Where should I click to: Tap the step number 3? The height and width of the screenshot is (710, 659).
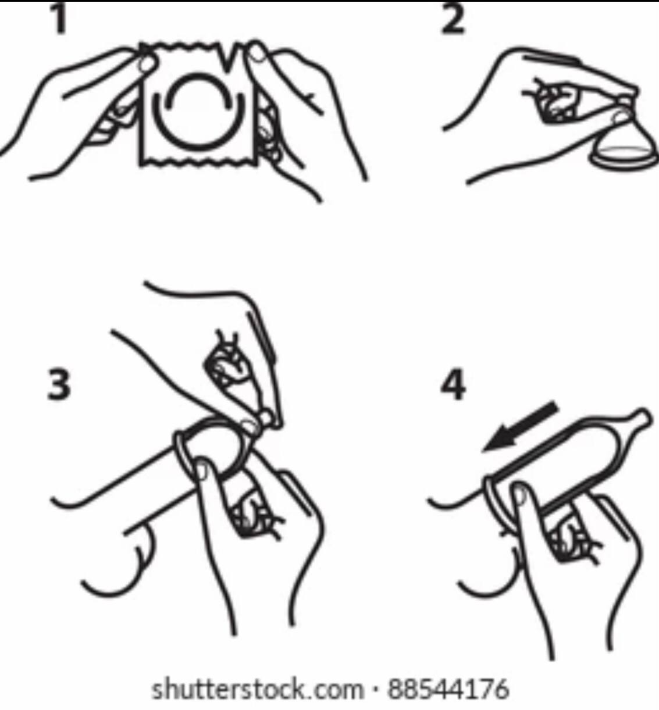pos(59,384)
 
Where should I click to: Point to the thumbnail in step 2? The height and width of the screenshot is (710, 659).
pos(622,116)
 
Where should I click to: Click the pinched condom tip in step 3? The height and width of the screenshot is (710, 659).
pos(267,417)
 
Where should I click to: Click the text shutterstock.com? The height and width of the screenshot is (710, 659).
pos(258,690)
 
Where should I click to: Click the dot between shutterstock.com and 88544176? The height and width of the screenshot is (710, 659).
pos(376,690)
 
